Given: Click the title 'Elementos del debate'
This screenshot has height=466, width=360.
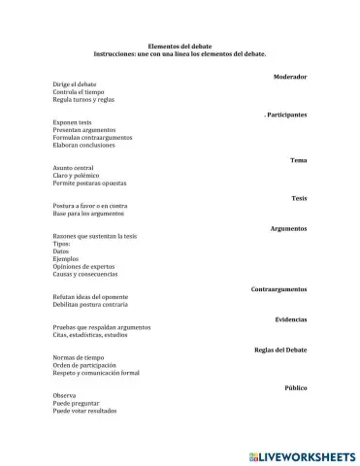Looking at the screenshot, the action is tap(180, 46).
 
